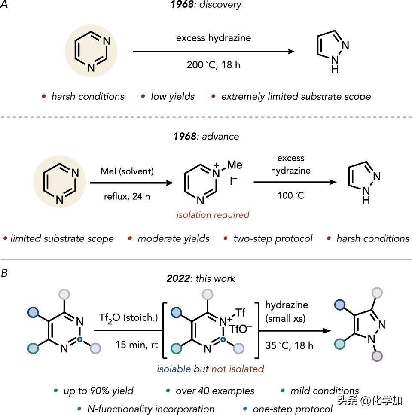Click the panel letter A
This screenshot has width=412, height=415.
[x=4, y=5]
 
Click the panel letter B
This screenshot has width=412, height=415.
[x=4, y=272]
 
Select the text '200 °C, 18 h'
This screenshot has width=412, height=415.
[x=213, y=65]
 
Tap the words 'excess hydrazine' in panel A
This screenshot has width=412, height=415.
[x=213, y=38]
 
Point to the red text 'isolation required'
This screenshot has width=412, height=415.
[x=213, y=214]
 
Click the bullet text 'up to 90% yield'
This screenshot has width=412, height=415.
[x=99, y=391]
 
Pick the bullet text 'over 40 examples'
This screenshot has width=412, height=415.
[x=215, y=391]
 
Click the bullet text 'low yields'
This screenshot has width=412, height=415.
[x=172, y=96]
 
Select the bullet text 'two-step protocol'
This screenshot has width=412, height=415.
[x=273, y=238]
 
